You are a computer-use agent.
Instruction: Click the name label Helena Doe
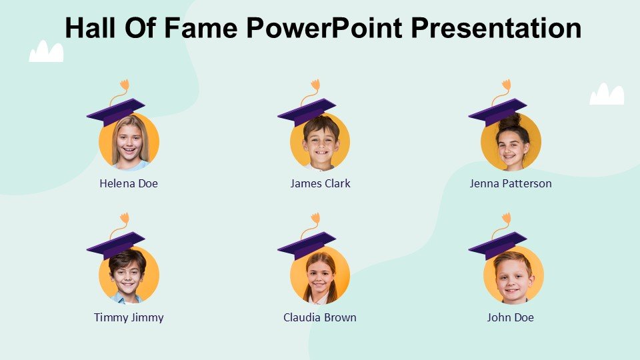129,184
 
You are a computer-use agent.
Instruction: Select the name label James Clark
320,184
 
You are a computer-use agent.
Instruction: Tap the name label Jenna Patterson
511,184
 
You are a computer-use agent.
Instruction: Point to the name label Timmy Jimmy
129,317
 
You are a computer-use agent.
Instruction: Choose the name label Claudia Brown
320,317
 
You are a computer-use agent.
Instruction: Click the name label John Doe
510,317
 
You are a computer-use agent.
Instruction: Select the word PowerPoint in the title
324,28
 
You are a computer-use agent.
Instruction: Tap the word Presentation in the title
496,28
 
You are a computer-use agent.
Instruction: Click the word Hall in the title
90,28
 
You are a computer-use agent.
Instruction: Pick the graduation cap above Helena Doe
116,112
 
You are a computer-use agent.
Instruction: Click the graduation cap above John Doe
498,245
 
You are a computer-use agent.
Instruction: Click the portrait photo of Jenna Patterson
511,141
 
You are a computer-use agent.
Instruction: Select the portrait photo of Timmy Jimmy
129,275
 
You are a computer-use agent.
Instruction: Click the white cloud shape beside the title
46,51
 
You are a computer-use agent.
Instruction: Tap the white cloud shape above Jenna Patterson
607,94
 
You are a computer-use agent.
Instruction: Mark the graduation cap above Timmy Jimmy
116,245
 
